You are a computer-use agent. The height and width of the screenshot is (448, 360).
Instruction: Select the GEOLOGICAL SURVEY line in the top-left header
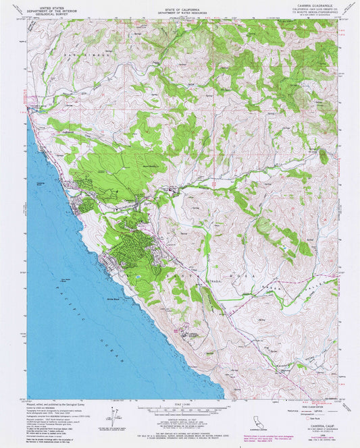pyautogui.click(x=47, y=13)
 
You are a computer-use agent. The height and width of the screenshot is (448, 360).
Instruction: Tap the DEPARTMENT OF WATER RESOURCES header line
pyautogui.click(x=179, y=11)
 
